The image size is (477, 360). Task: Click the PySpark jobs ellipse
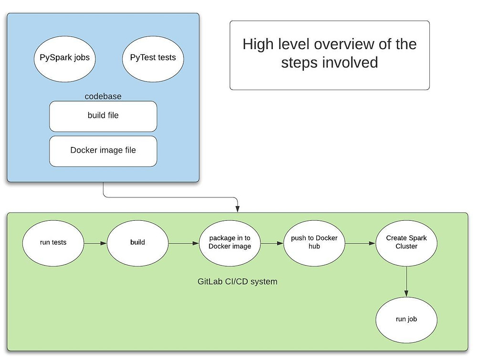pos(64,59)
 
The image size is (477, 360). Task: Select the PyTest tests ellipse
pos(153,59)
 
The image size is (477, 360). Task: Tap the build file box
pos(103,116)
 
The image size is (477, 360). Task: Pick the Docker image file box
pos(103,151)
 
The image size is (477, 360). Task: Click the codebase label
pos(103,96)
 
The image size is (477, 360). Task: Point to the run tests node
pos(53,243)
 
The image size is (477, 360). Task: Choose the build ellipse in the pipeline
pos(137,243)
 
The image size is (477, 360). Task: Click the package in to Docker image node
pos(230,243)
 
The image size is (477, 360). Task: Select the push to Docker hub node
pos(314,243)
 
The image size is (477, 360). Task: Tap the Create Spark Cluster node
pos(406,243)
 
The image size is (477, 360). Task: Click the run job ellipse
pos(406,320)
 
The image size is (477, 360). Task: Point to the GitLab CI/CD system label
pos(237,281)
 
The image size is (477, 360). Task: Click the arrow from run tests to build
pos(95,243)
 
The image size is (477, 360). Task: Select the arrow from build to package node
pos(184,243)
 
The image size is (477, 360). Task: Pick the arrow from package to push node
pos(272,243)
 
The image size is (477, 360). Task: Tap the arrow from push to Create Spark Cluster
pos(361,243)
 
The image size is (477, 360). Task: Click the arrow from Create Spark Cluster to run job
pos(406,282)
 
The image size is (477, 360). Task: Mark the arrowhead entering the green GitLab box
pos(237,209)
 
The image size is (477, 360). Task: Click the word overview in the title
pos(344,44)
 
